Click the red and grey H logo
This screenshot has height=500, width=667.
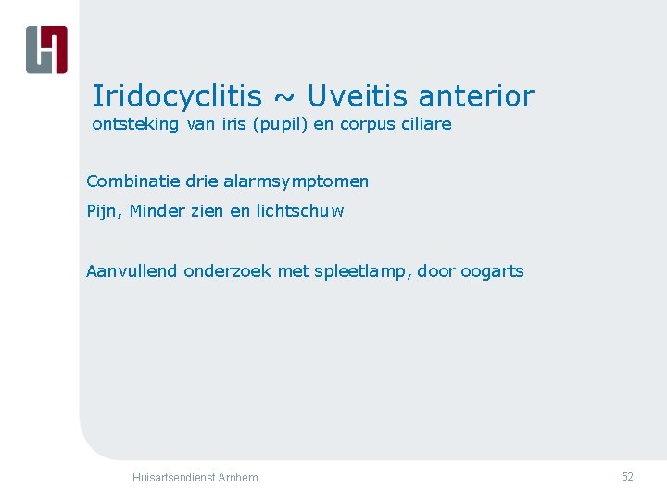coord(46,49)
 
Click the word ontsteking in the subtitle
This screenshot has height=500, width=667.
coord(136,124)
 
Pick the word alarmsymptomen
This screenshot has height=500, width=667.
coord(296,181)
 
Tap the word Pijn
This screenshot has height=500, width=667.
coord(103,211)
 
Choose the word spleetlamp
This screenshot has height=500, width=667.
coord(359,272)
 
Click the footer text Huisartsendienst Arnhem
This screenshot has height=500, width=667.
coord(195,478)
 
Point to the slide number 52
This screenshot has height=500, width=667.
coord(627,477)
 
